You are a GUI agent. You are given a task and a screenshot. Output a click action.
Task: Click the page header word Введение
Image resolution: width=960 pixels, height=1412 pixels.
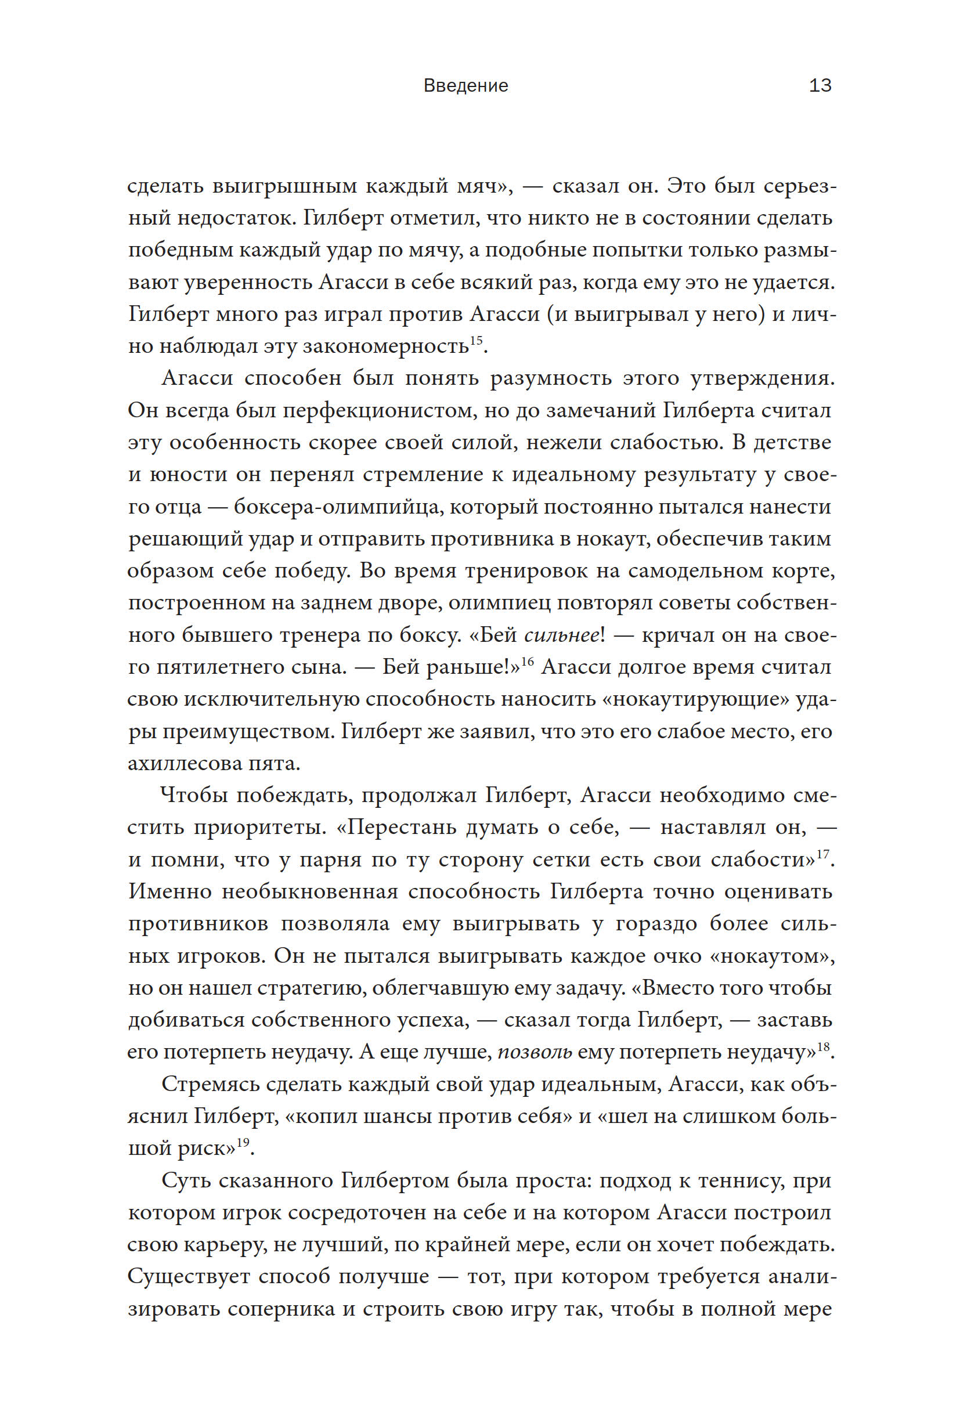pyautogui.click(x=465, y=86)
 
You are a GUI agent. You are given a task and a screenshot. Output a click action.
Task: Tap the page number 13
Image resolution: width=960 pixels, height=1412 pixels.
pyautogui.click(x=820, y=86)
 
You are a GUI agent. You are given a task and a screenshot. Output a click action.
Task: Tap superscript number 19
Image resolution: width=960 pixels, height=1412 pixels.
pyautogui.click(x=243, y=1143)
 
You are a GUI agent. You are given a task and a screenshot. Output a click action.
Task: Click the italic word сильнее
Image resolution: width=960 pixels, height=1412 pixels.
pyautogui.click(x=561, y=635)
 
